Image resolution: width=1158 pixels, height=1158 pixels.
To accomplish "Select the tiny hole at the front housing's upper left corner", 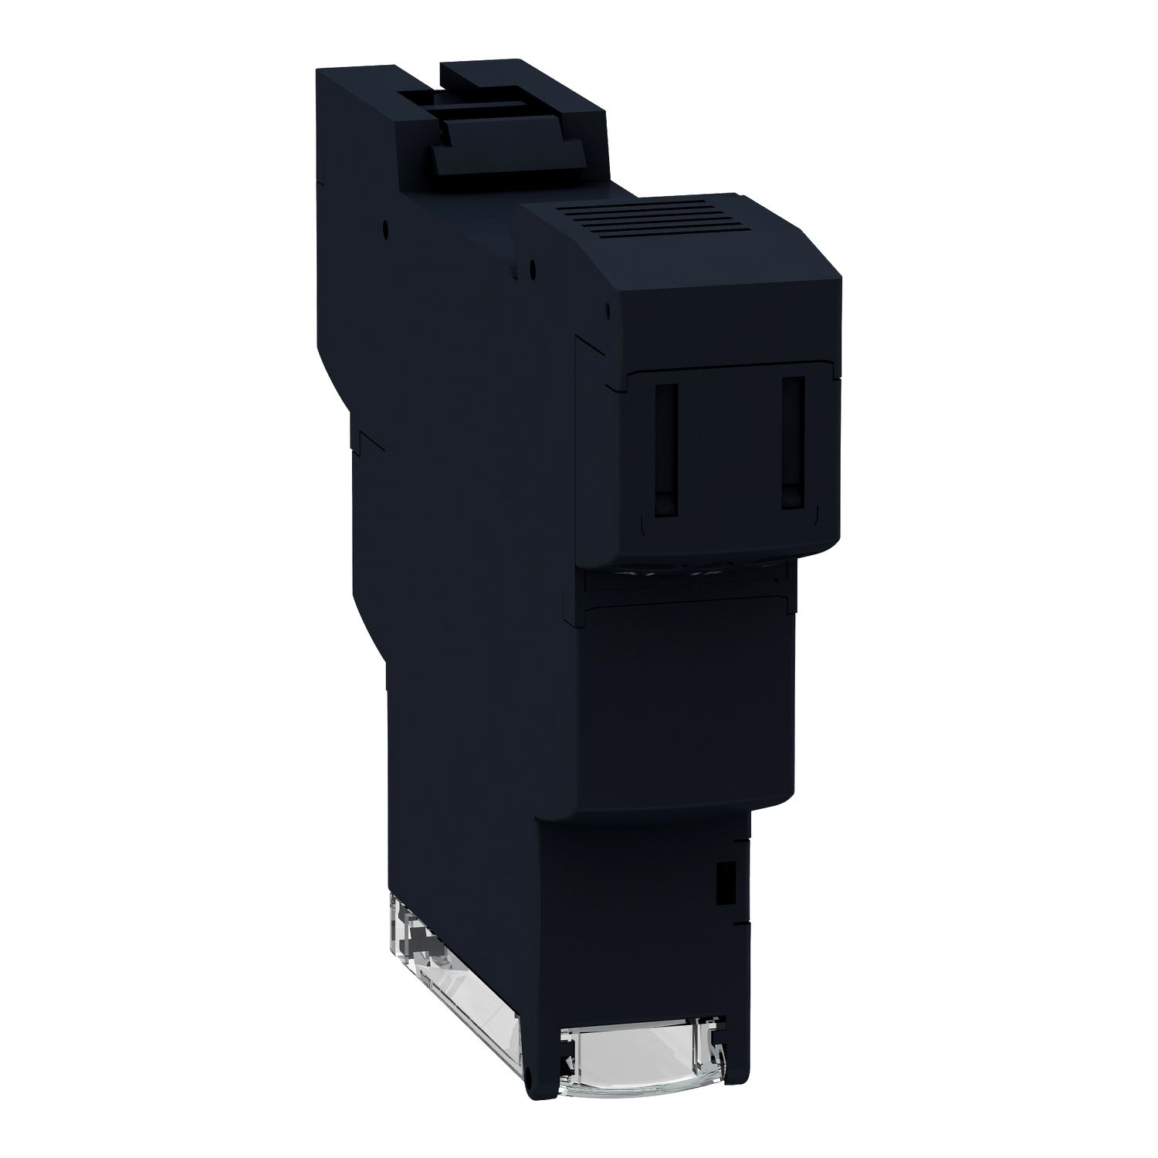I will click(x=609, y=307).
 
